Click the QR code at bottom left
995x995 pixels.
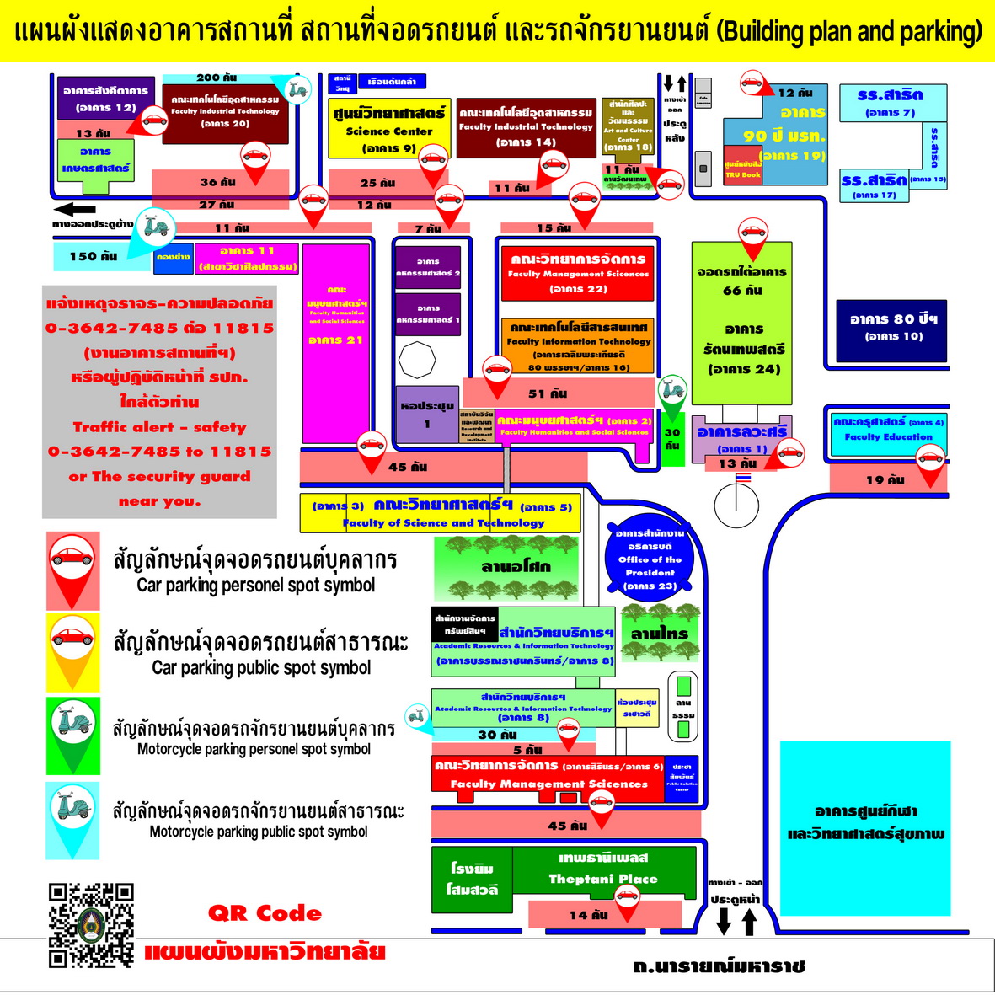[x=91, y=924]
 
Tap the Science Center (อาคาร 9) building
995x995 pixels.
[x=389, y=128]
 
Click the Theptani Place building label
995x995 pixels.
[x=602, y=869]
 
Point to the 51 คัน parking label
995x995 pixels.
[x=548, y=393]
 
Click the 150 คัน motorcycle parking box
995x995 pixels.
[x=94, y=256]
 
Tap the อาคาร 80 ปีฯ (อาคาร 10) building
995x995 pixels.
[x=892, y=330]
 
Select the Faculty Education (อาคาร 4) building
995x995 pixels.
[x=888, y=431]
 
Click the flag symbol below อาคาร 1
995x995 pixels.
[x=743, y=478]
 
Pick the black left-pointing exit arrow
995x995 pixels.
[x=74, y=210]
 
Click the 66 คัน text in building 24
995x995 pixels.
[x=742, y=290]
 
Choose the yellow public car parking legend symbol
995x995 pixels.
[x=73, y=651]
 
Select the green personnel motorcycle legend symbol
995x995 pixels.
[x=73, y=735]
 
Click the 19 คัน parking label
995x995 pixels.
[x=885, y=480]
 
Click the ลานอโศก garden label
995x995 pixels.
[x=516, y=566]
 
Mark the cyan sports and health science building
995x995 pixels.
[x=865, y=827]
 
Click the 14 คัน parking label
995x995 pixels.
[x=588, y=915]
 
